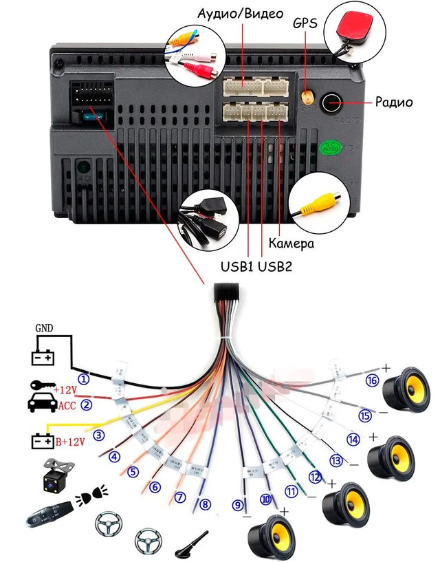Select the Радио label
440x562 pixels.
(393, 102)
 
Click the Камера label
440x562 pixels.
(291, 244)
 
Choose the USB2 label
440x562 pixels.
(276, 266)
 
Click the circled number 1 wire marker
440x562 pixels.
(84, 378)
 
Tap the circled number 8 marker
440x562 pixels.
(204, 504)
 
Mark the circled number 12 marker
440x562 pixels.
(315, 476)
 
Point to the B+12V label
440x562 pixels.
(69, 441)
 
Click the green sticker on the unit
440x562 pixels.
(330, 147)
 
